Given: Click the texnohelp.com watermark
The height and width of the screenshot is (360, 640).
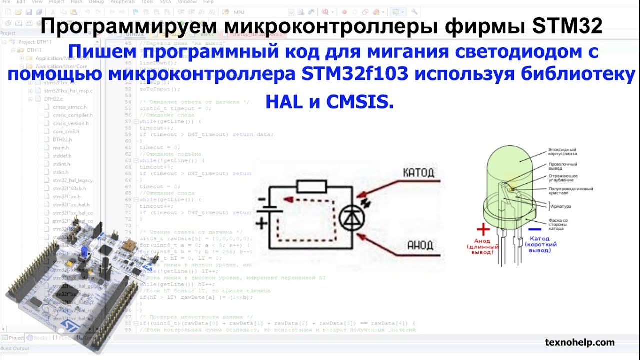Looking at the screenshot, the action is click(579, 342).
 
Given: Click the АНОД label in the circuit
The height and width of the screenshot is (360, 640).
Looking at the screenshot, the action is click(419, 245).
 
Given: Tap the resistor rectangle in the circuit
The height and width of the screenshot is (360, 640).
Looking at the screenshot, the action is click(311, 187).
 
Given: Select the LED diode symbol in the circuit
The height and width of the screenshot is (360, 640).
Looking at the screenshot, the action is click(352, 218).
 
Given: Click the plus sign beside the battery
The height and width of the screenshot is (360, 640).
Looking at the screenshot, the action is click(261, 223).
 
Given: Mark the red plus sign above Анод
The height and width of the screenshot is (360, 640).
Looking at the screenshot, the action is click(483, 229).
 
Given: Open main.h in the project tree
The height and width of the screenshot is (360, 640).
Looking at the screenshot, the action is click(61, 148).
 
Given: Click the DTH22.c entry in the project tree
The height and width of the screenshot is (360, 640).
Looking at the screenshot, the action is click(53, 99).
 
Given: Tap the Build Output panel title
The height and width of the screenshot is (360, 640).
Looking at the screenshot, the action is click(15, 348).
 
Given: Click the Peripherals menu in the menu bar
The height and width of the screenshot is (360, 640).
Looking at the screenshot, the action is click(122, 2).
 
